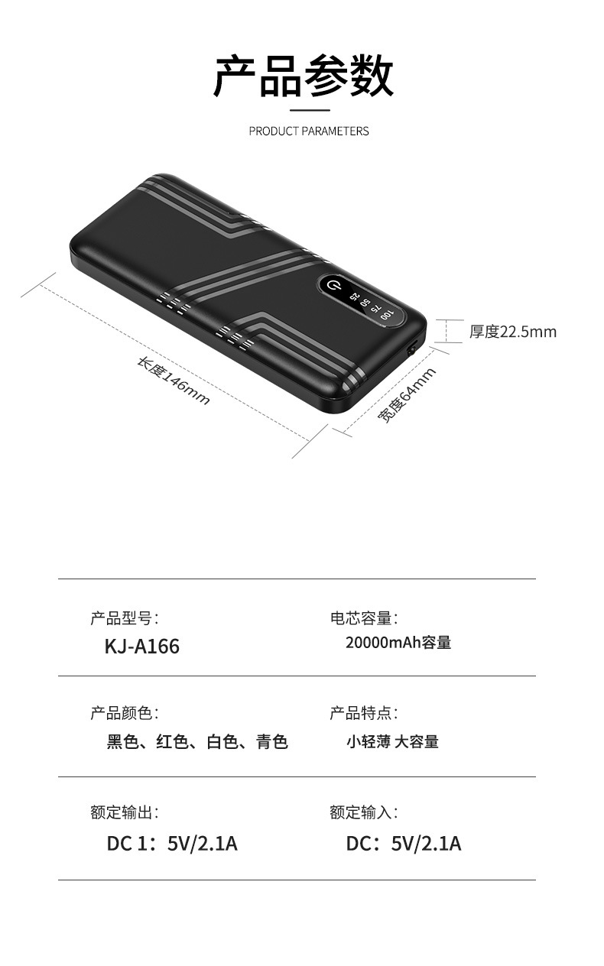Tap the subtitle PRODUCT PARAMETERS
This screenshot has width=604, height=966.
(308, 131)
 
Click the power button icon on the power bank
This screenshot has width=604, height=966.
(332, 287)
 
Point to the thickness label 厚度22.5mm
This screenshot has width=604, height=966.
(512, 332)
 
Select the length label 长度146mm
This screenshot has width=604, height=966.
(173, 381)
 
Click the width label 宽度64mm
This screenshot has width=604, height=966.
(408, 395)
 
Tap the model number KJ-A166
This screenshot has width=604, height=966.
(141, 647)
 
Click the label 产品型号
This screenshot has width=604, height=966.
(124, 618)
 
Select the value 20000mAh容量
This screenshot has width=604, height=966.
(398, 643)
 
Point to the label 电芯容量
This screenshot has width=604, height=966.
(363, 618)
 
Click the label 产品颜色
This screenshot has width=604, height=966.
(124, 713)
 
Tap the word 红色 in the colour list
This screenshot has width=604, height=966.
(172, 741)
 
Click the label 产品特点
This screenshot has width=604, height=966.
(363, 713)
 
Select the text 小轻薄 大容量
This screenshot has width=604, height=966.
(392, 741)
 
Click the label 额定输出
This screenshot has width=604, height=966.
(124, 812)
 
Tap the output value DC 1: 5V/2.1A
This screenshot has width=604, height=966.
(172, 844)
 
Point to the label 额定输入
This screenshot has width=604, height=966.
(363, 812)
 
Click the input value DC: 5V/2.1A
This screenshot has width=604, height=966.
(404, 844)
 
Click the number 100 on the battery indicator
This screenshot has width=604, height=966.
(388, 314)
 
